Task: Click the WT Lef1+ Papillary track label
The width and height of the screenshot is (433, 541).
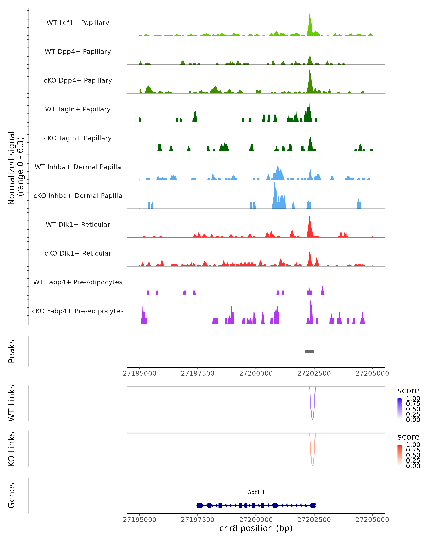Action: [78, 23]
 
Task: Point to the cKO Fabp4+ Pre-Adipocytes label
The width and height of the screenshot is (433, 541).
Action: [78, 311]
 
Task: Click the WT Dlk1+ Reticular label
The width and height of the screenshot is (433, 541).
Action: [78, 224]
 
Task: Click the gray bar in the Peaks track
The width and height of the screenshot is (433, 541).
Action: [309, 351]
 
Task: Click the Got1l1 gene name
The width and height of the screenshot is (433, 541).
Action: [256, 492]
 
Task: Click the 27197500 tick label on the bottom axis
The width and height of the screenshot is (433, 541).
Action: [198, 520]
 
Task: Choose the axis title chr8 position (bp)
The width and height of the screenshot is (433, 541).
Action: [256, 528]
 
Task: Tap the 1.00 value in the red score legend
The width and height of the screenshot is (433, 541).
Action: [413, 445]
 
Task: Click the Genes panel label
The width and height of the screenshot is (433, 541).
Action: [12, 495]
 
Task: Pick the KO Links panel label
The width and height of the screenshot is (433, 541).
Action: [12, 449]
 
